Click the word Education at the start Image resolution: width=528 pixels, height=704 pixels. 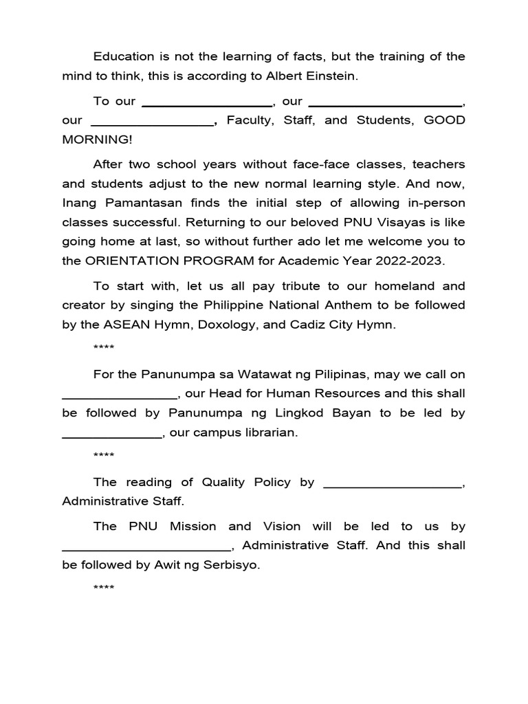point(122,56)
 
